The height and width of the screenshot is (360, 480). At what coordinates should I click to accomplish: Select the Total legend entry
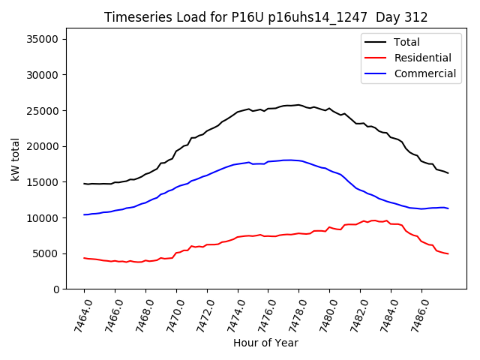pos(406,42)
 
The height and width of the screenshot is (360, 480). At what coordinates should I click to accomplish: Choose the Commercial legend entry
pos(424,73)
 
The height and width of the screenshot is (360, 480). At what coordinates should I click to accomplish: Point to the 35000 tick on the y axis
pos(49,40)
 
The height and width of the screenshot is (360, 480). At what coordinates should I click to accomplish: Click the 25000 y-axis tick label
pos(49,111)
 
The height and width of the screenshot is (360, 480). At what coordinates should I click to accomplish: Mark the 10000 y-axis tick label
pos(49,218)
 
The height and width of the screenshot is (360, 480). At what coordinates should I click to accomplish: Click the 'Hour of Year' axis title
pos(265,343)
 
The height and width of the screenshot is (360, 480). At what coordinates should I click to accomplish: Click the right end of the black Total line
pos(448,173)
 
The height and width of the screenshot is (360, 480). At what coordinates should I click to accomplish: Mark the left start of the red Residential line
pos(84,258)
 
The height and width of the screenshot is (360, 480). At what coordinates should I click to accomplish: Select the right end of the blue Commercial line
pos(448,208)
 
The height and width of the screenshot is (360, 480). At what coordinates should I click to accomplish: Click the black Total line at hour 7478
pos(298,105)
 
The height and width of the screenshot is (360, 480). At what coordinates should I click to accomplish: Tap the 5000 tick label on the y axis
pos(51,253)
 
